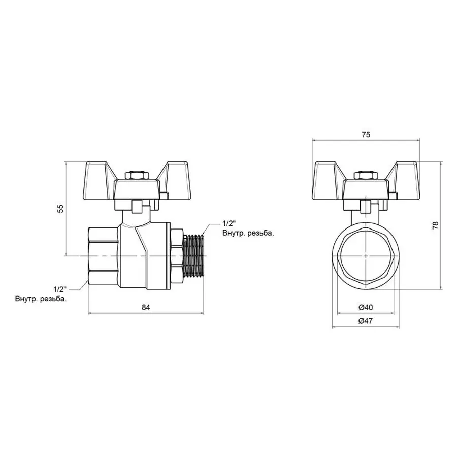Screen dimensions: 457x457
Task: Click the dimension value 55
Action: click(x=60, y=208)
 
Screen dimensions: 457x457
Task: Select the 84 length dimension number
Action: click(x=146, y=307)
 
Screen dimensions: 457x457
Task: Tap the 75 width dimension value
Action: click(x=366, y=134)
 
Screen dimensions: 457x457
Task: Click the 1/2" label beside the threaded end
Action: click(x=228, y=223)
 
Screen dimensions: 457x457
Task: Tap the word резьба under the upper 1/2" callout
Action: click(x=260, y=233)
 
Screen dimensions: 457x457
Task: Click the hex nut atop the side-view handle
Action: click(x=135, y=176)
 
